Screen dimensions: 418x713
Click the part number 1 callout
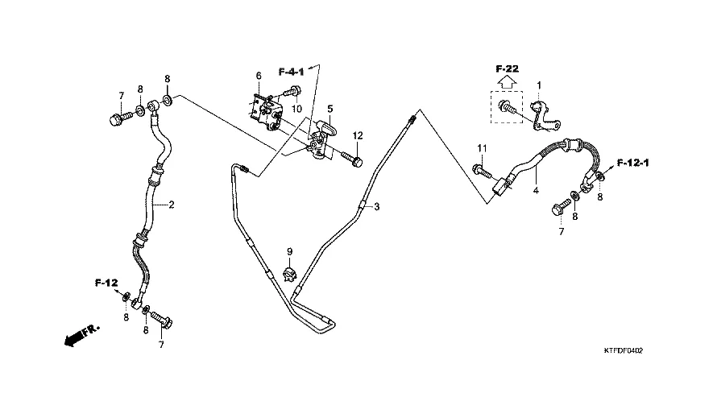539,85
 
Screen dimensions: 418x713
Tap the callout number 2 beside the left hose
171,205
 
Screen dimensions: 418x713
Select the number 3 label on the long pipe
376,207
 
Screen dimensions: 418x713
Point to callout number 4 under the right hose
534,191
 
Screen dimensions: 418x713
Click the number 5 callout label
330,108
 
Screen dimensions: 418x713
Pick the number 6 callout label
259,76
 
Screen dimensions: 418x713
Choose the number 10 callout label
296,109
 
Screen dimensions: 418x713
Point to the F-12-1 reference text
633,163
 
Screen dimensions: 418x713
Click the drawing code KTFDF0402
628,351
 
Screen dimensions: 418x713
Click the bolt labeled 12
354,160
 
